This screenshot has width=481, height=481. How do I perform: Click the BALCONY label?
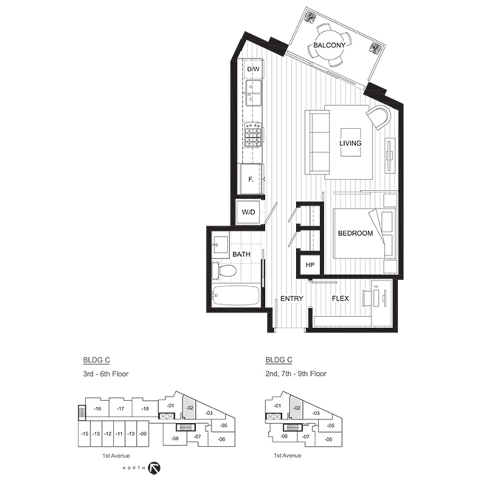[x=329, y=45]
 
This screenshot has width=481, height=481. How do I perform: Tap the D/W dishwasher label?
[x=253, y=69]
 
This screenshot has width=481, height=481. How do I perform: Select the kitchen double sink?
[x=254, y=93]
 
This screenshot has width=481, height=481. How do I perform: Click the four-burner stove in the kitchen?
[x=253, y=135]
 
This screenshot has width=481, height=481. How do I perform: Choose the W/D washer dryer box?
[x=248, y=212]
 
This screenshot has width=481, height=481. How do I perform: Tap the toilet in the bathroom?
[x=224, y=271]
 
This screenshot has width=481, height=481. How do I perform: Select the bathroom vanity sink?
[x=221, y=245]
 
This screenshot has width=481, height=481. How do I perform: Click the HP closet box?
[x=310, y=265]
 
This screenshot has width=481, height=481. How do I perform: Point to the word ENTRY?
[x=292, y=299]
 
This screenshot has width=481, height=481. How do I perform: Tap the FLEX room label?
[x=340, y=299]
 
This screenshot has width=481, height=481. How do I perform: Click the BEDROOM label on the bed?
[x=355, y=233]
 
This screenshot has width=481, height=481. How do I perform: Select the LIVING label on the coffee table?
[x=350, y=143]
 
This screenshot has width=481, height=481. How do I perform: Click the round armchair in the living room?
[x=379, y=117]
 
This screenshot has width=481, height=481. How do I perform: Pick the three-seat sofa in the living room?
[x=317, y=143]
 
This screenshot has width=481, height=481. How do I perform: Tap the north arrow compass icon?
[x=154, y=468]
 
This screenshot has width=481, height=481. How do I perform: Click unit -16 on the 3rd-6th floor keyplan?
[x=98, y=409]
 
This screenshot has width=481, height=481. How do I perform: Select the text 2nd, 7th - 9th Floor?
[x=296, y=374]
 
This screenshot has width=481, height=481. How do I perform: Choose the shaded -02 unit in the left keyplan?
[x=189, y=407]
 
